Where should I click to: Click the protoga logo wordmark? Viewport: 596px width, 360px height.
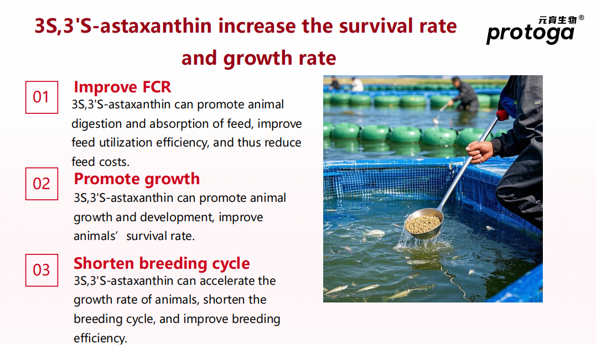530,33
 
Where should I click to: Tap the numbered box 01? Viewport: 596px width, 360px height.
42,97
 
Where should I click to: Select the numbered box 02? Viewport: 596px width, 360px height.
42,184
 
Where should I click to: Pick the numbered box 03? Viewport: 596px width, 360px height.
42,270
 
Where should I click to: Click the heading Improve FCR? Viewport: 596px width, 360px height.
122,87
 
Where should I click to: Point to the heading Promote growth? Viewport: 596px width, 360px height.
137,179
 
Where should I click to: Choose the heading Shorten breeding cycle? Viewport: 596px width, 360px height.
162,263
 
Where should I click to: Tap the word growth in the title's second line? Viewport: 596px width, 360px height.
258,59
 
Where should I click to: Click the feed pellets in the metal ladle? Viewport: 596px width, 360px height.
422,224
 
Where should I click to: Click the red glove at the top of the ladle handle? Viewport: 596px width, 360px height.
502,114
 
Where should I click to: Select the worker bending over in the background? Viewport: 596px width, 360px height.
464,95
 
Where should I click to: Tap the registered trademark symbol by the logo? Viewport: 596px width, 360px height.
581,18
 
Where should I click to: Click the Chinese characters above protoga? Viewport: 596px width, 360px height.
558,20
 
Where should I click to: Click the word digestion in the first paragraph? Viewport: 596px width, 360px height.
96,124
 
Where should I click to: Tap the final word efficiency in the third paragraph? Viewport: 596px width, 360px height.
100,338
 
